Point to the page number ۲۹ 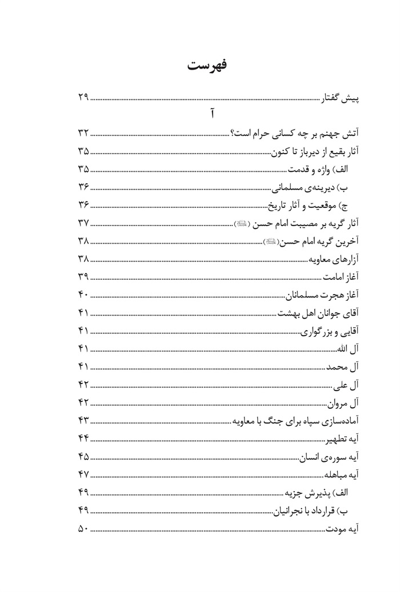[x=83, y=98]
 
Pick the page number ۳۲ [x=83, y=134]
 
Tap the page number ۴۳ [x=83, y=421]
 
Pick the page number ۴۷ [x=83, y=475]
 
